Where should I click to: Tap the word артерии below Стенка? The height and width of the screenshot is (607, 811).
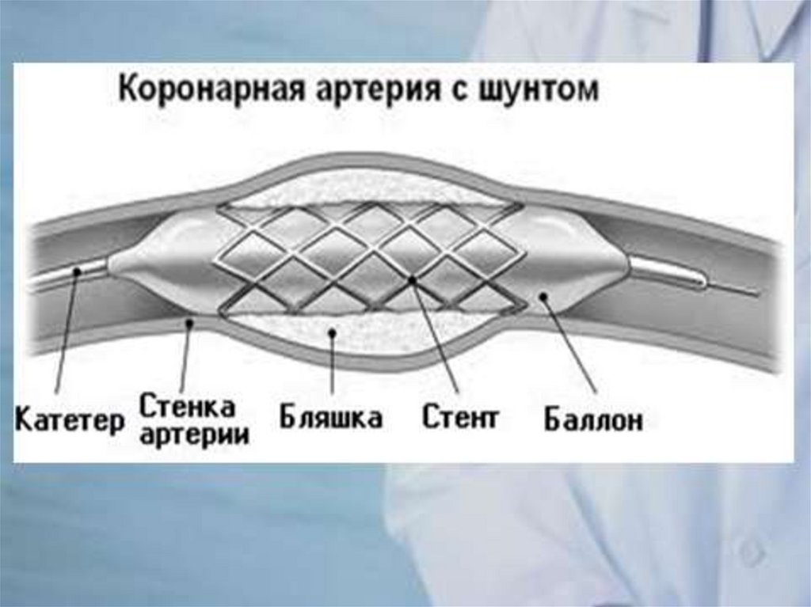click(x=193, y=434)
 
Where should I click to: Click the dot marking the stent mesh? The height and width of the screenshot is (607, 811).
click(x=412, y=280)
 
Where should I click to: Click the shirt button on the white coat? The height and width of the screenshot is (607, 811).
click(x=749, y=553)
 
